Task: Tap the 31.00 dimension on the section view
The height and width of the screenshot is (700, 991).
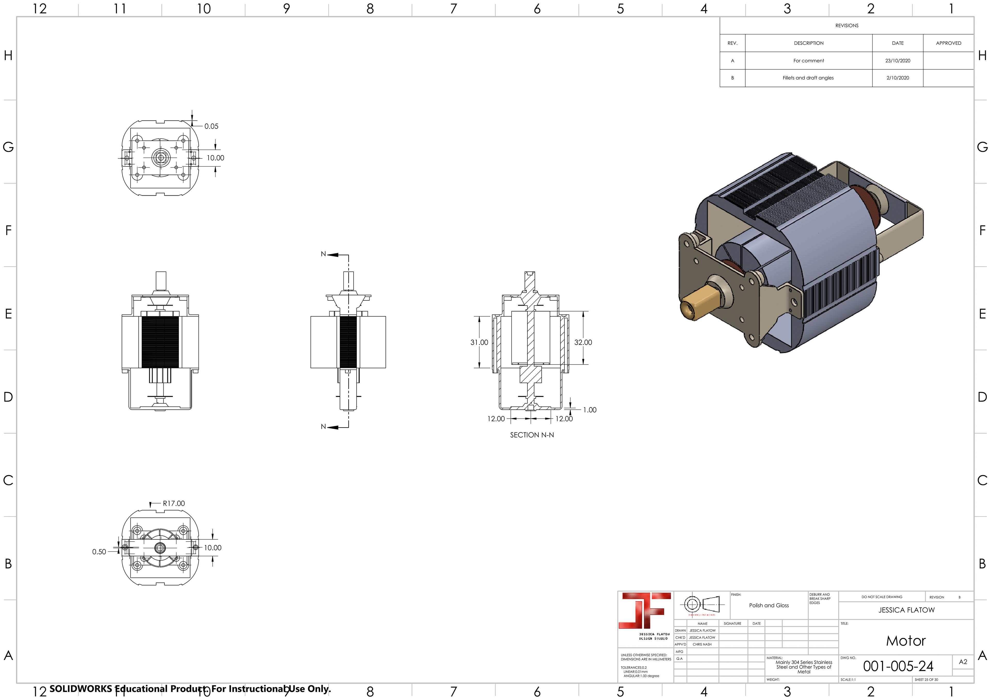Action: click(479, 342)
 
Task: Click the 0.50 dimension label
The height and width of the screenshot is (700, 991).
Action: click(99, 552)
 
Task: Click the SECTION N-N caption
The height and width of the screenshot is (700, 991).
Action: click(532, 435)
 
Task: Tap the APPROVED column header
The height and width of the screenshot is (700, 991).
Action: click(948, 43)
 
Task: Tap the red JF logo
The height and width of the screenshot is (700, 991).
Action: click(645, 610)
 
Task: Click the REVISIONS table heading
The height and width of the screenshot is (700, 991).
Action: click(846, 26)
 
